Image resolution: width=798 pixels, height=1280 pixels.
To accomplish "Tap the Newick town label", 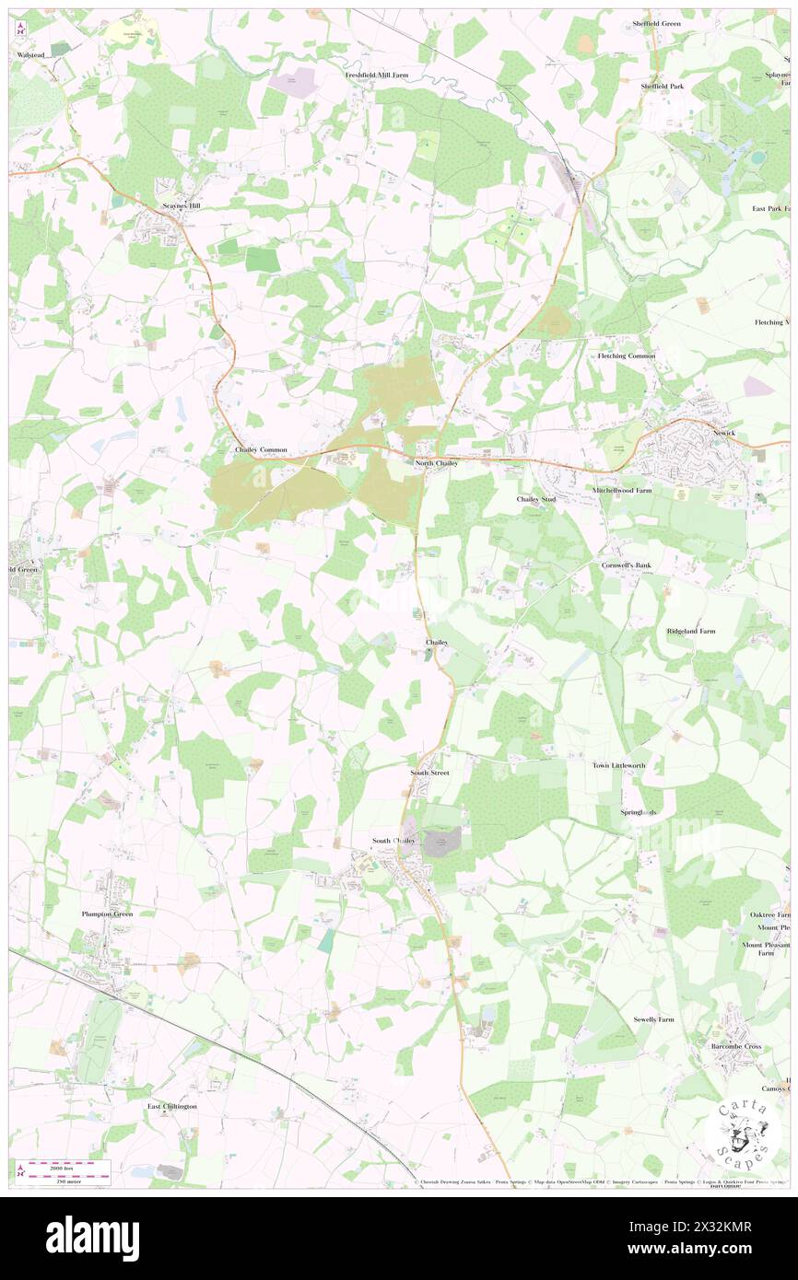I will pos(724,433).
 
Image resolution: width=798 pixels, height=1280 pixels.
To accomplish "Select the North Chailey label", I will pos(436,463).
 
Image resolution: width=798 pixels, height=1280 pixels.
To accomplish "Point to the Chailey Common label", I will pos(261,449).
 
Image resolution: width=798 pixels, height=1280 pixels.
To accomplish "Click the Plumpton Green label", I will pos(107,913).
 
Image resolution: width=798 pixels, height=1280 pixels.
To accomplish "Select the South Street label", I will pos(429,772).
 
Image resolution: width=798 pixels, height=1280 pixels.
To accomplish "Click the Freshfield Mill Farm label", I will pos(376,75).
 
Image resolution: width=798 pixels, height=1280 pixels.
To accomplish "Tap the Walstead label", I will pos(30,55).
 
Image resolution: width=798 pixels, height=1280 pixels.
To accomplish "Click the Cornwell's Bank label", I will pos(627,564).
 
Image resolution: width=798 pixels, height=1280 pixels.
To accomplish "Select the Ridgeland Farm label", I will pos(691,631).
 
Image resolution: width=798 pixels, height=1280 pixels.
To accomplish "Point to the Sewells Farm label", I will pos(653,1019).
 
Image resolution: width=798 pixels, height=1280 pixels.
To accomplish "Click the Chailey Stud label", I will pos(537,498).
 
